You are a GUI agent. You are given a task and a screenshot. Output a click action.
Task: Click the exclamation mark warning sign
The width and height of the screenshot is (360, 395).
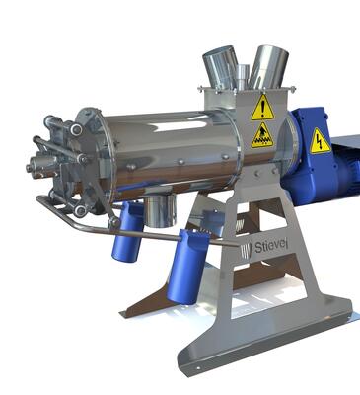[x=262, y=108]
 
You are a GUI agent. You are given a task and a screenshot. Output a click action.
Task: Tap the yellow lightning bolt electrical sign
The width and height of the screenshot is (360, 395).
[x=320, y=141]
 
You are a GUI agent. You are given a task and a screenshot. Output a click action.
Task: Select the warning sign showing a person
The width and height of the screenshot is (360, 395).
[x=262, y=135]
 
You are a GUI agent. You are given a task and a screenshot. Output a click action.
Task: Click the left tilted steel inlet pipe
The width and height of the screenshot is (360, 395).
[x=221, y=67]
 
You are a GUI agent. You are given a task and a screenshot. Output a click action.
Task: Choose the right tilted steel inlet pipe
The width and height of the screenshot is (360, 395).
[x=268, y=67]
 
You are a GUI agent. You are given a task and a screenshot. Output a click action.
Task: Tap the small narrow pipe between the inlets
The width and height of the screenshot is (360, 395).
[x=243, y=77]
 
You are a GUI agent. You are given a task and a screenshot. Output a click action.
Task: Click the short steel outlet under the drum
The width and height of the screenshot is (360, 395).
[x=160, y=210]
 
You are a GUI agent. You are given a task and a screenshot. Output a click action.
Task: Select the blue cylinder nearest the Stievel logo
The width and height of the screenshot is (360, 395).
[x=187, y=267]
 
